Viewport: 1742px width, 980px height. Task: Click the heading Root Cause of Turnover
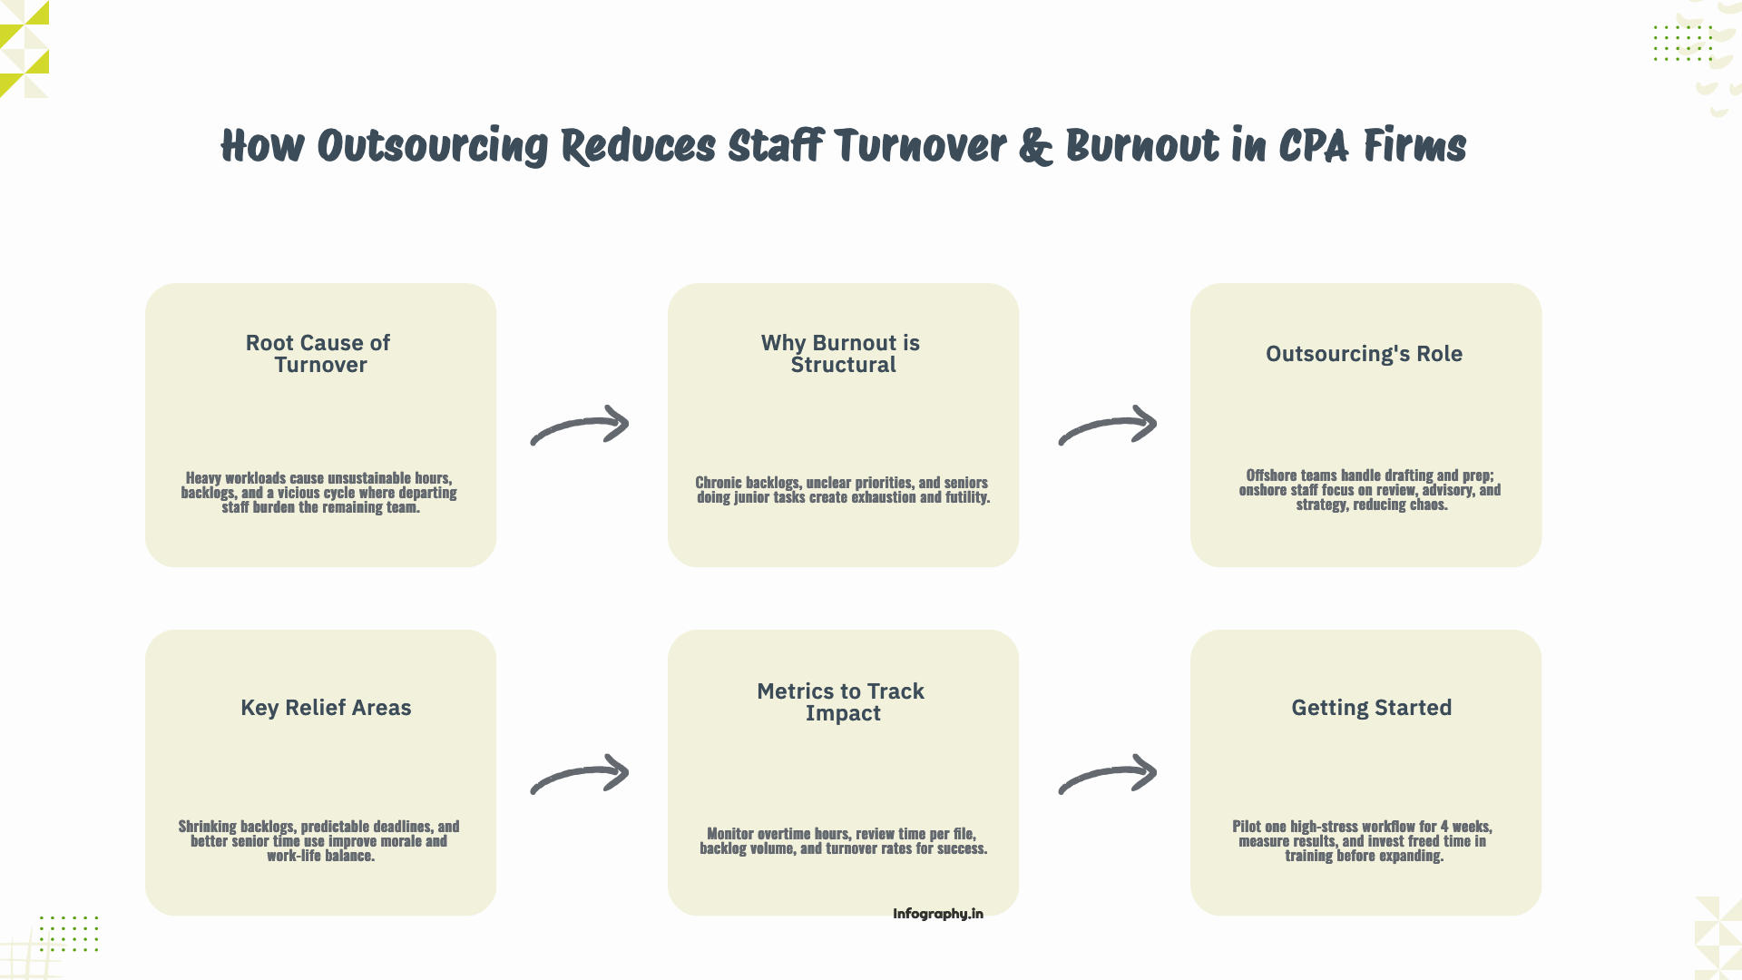pyautogui.click(x=318, y=354)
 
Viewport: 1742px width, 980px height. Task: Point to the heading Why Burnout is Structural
pyautogui.click(x=841, y=354)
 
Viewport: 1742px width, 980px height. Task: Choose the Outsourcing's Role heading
pyautogui.click(x=1364, y=354)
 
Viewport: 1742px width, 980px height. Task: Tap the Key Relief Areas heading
pyautogui.click(x=326, y=708)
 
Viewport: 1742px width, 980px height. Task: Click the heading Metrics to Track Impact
pyautogui.click(x=841, y=702)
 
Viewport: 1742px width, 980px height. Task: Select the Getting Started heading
pyautogui.click(x=1371, y=708)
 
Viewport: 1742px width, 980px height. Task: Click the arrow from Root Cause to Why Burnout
pyautogui.click(x=580, y=426)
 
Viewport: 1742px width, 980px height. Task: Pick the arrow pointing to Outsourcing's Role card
pyautogui.click(x=1108, y=426)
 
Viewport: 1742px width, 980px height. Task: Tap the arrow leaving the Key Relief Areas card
pyautogui.click(x=580, y=774)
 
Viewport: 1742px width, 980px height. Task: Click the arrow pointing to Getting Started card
pyautogui.click(x=1108, y=774)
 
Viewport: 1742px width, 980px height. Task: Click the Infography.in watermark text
pyautogui.click(x=937, y=914)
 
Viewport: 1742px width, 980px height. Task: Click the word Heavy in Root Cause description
pyautogui.click(x=203, y=478)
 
